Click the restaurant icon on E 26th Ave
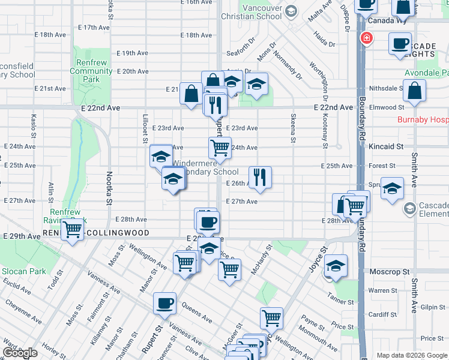tap(260, 177)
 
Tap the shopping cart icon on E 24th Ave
tap(220, 147)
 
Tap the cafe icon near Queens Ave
tap(164, 303)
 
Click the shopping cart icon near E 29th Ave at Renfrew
tap(73, 229)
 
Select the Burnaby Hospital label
tap(423, 119)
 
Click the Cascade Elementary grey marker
tap(409, 208)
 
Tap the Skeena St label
tap(294, 128)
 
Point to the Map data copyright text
tap(412, 355)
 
